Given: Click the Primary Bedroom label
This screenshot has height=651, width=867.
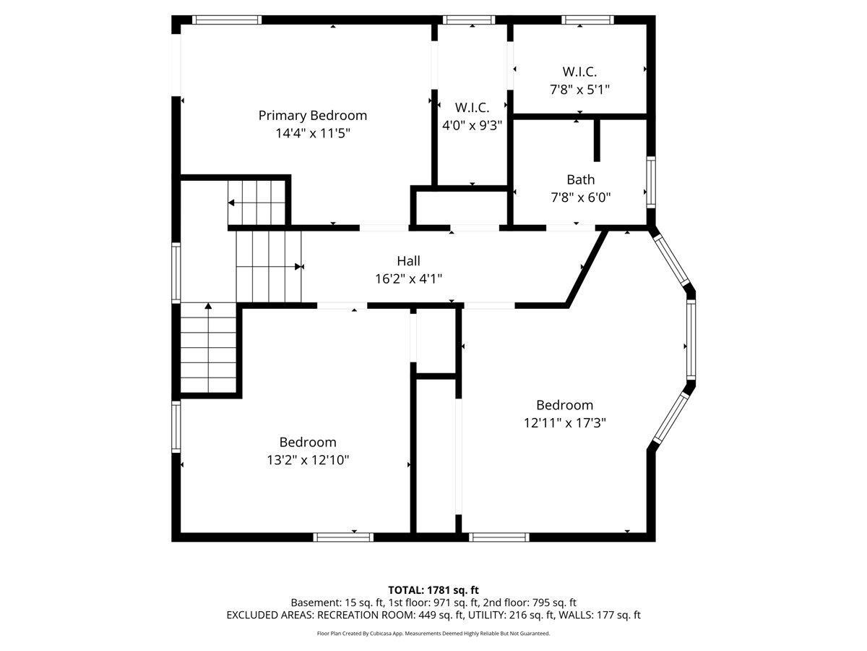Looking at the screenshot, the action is click(312, 116).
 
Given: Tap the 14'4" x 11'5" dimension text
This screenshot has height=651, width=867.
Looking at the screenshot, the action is click(313, 133).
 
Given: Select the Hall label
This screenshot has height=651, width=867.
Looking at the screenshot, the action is click(408, 261).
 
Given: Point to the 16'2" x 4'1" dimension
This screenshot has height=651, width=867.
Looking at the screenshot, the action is click(408, 279).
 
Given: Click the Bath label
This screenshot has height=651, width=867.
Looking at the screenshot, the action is click(581, 180).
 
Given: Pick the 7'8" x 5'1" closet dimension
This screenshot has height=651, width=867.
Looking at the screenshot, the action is click(580, 90).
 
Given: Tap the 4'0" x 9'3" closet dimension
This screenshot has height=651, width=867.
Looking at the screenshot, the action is click(472, 125).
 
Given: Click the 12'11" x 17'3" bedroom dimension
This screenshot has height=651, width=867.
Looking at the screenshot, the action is click(565, 423).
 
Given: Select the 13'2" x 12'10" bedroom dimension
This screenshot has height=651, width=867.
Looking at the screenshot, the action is click(308, 460).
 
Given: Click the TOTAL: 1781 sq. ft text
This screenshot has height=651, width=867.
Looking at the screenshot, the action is click(433, 590).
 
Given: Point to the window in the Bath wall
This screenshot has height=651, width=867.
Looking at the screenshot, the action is click(651, 182).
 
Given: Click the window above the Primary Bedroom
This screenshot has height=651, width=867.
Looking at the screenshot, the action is click(227, 20).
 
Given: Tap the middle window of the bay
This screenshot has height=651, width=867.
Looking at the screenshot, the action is click(691, 339).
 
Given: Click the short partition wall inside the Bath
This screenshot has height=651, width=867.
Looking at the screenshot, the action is click(597, 140).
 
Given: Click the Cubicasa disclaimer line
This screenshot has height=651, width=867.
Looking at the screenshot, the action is click(433, 633).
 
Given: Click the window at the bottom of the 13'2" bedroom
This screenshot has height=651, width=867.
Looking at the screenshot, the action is click(343, 537).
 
